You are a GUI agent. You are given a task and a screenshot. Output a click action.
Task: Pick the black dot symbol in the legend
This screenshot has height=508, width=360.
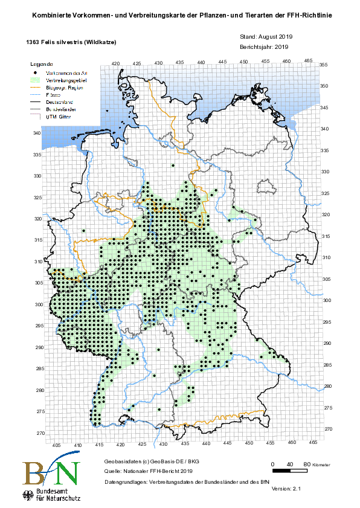(x=36, y=72)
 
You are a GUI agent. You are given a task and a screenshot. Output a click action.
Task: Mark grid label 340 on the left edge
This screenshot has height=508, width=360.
(x=37, y=133)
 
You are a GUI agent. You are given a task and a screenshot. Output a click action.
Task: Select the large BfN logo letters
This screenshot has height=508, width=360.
(x=51, y=473)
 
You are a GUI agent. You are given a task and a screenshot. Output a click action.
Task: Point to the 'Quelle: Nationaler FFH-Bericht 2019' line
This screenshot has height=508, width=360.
(x=148, y=470)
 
